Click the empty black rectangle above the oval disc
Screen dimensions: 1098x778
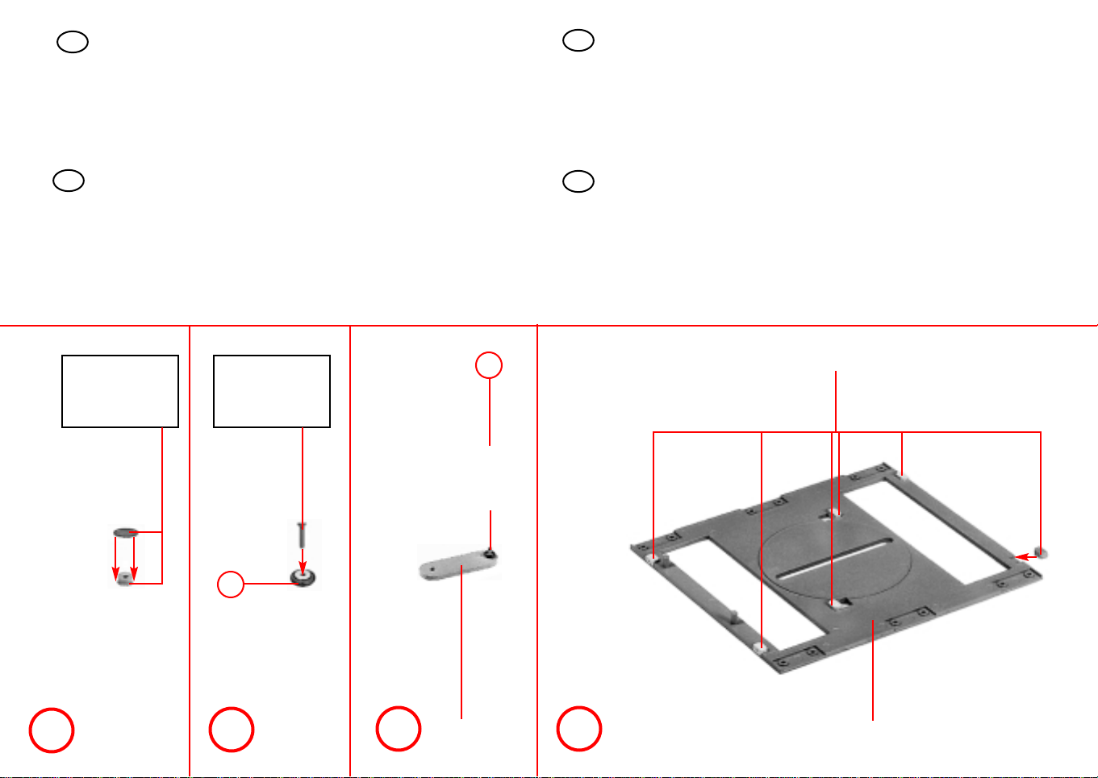(x=120, y=391)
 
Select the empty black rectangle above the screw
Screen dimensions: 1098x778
(x=272, y=391)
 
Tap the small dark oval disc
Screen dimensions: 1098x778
(x=125, y=532)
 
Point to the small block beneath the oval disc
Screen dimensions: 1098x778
(x=123, y=580)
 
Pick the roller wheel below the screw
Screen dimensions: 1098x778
(x=303, y=577)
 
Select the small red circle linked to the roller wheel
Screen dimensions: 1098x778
(x=231, y=585)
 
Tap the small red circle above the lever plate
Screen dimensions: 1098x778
(x=488, y=366)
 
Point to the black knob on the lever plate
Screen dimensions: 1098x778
(x=491, y=553)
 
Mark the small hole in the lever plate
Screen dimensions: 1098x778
(x=433, y=568)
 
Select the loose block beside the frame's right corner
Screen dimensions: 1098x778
(x=1042, y=553)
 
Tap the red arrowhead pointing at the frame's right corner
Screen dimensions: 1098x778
(x=1020, y=556)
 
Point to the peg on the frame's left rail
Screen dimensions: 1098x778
(x=733, y=616)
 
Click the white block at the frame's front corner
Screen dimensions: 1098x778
(x=759, y=647)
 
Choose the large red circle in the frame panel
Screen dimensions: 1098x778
(x=579, y=729)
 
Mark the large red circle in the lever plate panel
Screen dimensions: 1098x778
(x=399, y=729)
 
